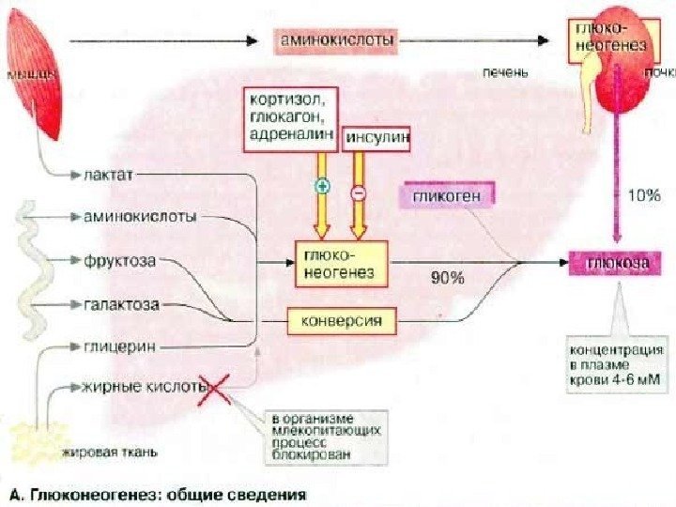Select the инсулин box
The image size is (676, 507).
coord(377,137)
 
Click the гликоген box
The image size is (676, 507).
coord(447,196)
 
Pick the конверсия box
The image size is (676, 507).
coord(340,322)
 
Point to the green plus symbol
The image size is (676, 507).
coord(322,187)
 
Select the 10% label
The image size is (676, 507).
coord(644,195)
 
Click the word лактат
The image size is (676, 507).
coord(111,174)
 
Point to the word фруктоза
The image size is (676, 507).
coord(119,260)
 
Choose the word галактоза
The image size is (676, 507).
coord(122,304)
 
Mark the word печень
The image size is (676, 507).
coord(505,71)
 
